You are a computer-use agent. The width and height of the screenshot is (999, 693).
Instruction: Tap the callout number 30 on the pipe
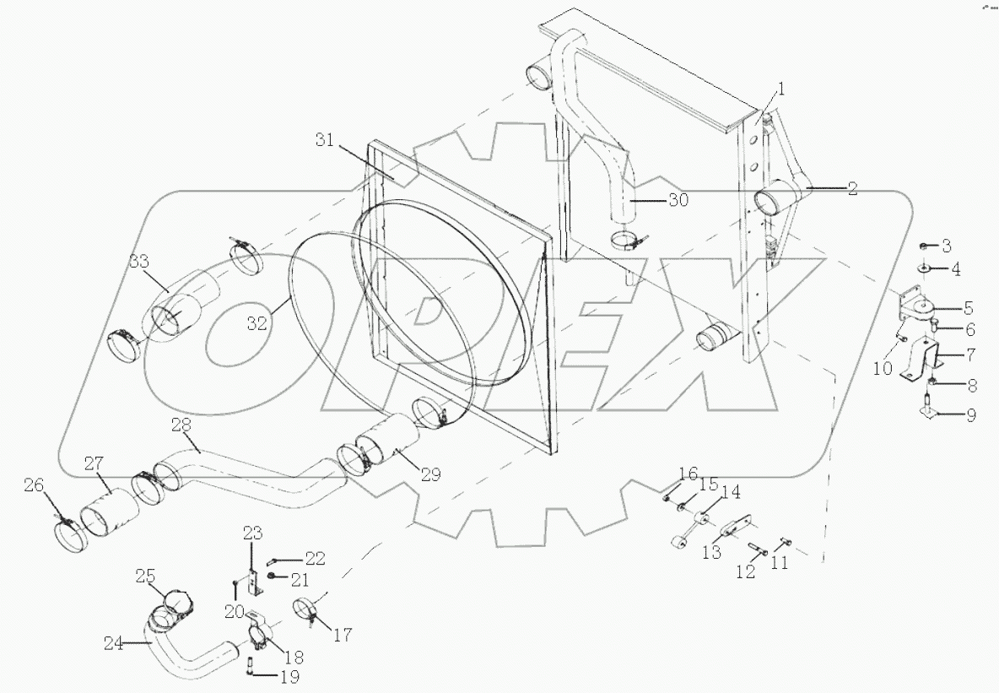(678, 200)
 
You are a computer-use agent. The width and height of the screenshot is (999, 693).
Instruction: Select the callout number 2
(852, 189)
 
